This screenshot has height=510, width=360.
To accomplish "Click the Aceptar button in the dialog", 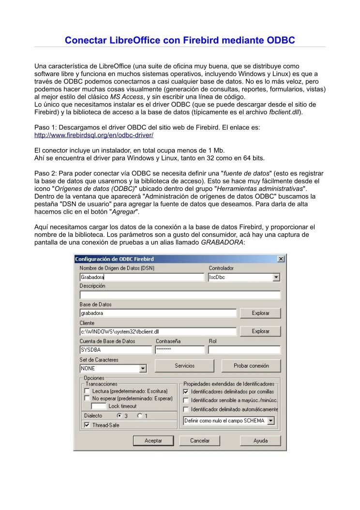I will [153, 441].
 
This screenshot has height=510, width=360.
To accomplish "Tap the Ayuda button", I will [260, 441].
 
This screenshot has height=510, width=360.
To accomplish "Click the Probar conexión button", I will [251, 366].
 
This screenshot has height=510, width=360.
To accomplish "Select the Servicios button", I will [184, 366].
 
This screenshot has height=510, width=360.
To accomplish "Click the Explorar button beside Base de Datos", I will [260, 313].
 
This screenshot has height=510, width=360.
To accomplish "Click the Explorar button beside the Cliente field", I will [260, 331].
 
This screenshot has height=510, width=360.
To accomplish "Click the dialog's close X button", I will [281, 259].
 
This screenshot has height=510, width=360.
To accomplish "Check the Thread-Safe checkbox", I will [87, 425].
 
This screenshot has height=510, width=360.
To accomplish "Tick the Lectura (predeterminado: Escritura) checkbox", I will [87, 391].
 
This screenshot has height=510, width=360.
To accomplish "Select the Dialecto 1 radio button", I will [140, 416].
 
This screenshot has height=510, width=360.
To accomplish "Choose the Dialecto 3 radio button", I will [120, 416].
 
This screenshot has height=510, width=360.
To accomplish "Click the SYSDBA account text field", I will [116, 350].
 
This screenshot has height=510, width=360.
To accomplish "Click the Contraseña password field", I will [180, 350].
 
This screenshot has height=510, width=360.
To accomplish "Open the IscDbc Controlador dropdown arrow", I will [276, 278].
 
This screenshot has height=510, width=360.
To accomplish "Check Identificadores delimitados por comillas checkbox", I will [186, 391].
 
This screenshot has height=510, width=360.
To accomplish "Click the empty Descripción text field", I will [180, 295].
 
